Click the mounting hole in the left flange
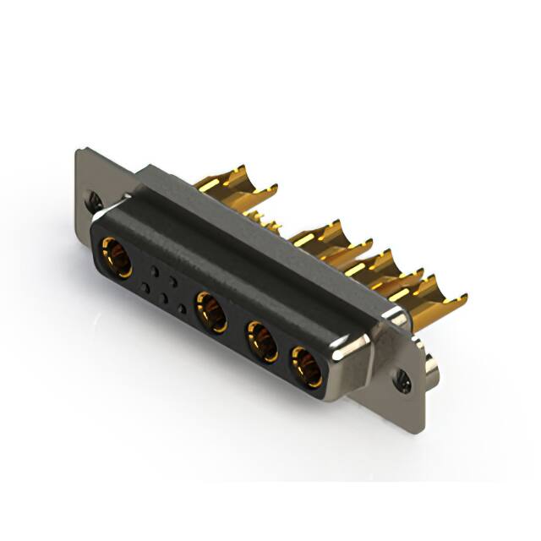point(96,202)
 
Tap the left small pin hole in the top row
point(154,271)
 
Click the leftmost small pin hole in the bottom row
point(146,288)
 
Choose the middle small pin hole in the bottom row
point(164,298)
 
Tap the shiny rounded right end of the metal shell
point(363,347)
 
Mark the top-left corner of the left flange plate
point(79,151)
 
